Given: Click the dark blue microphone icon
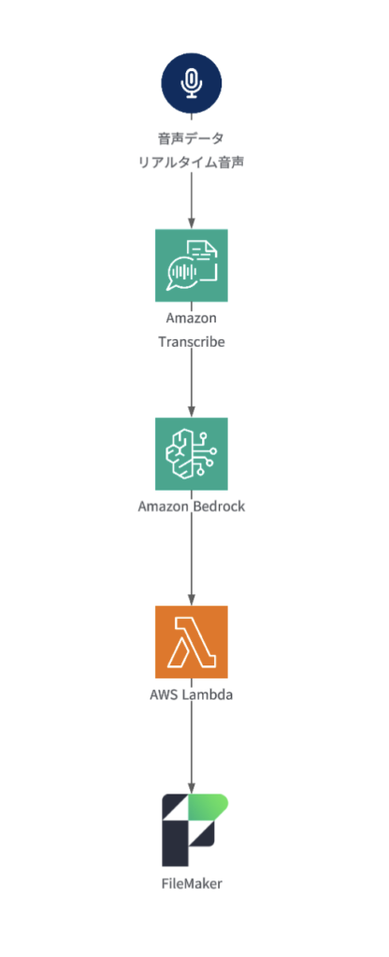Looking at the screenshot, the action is (191, 82).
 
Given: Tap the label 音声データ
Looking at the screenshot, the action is (191, 138).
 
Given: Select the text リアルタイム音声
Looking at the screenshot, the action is (191, 163).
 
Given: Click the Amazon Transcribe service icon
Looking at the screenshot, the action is (191, 265).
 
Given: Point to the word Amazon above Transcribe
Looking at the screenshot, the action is (191, 318).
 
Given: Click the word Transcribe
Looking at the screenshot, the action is (191, 342).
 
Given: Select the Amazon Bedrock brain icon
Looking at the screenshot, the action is (191, 453).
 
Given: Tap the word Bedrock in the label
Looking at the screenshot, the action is (219, 506).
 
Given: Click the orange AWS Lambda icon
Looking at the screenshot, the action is (191, 642).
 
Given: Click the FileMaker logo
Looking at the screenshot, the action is (194, 830).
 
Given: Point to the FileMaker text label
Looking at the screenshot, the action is (191, 883).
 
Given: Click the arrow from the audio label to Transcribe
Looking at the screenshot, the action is (191, 200).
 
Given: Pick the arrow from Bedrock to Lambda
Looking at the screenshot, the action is (191, 560).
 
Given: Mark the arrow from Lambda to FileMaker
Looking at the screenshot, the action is (191, 748).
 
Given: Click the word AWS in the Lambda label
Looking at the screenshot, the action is (163, 694).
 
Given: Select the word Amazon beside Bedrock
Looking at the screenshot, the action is (163, 506).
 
